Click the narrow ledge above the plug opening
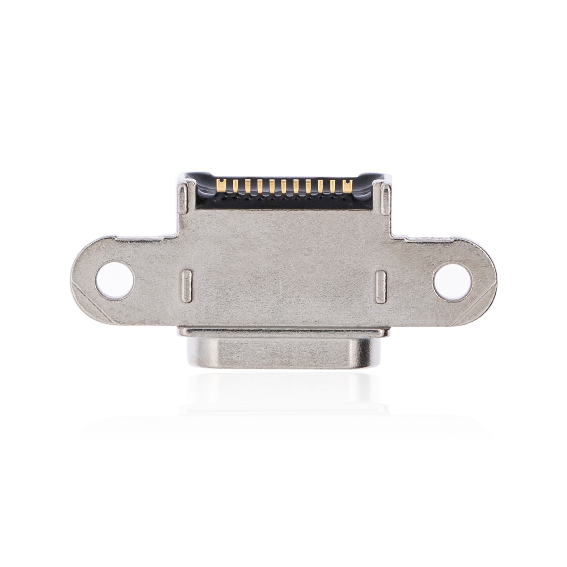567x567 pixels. pyautogui.click(x=283, y=332)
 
